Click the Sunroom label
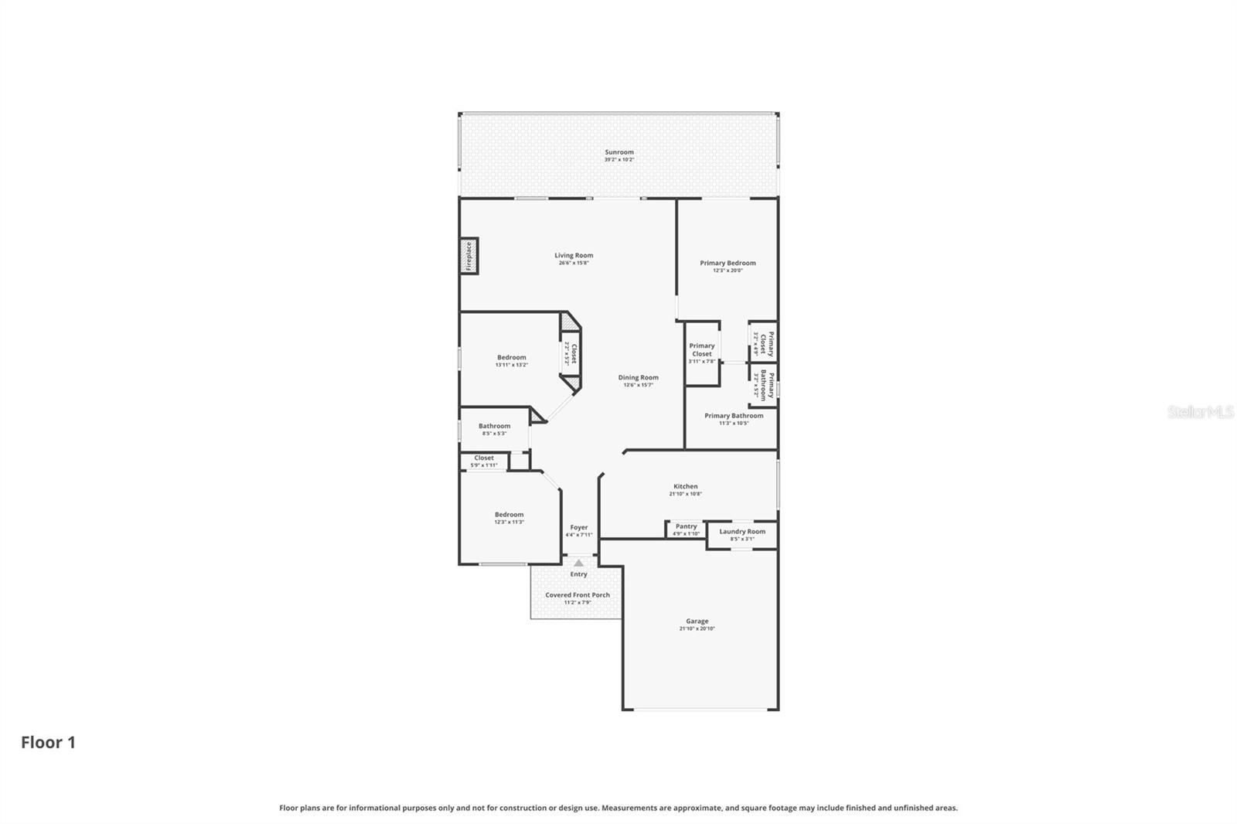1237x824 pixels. point(618,152)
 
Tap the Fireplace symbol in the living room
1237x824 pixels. point(469,256)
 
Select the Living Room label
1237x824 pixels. point(574,255)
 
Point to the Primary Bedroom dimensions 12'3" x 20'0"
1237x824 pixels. point(728,271)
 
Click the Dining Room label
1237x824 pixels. point(638,377)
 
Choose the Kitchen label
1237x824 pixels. point(685,486)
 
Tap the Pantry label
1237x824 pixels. point(686,526)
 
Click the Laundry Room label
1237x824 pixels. point(742,531)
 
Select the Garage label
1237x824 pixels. point(697,621)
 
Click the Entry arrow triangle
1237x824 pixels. point(578,563)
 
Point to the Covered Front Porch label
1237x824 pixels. point(578,594)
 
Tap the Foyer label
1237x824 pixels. point(578,527)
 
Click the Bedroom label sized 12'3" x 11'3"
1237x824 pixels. point(509,514)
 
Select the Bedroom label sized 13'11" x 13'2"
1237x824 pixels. point(511,357)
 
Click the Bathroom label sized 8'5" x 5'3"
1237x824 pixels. point(494,426)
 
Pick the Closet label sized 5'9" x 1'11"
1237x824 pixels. point(484,458)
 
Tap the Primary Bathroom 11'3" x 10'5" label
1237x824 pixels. point(734,416)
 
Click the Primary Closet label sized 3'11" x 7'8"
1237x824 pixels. point(701,349)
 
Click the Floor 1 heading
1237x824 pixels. point(48,742)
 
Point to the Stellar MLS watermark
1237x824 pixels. point(1200,412)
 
